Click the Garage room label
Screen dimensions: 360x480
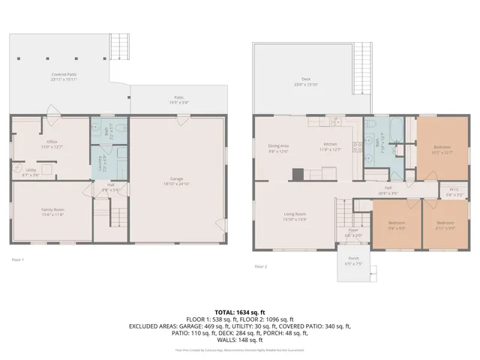click(177, 180)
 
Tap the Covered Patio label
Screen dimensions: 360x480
click(64, 76)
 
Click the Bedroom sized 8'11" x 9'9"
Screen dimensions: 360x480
click(445, 224)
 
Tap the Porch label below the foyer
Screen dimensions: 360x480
click(352, 262)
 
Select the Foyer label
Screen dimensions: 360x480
click(352, 234)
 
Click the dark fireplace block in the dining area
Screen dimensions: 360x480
click(298, 175)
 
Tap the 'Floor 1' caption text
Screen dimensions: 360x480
click(18, 259)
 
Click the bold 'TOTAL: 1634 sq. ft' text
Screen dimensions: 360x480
click(239, 311)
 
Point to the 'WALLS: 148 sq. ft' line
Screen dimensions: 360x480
click(239, 340)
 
